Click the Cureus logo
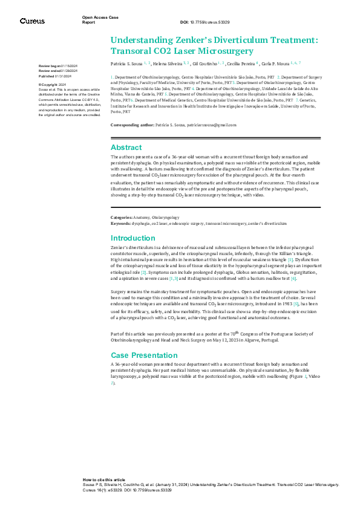32,21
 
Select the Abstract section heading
126,147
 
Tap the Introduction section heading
133,238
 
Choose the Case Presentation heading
143,355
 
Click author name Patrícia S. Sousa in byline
130,63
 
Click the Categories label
121,217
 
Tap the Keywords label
120,223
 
